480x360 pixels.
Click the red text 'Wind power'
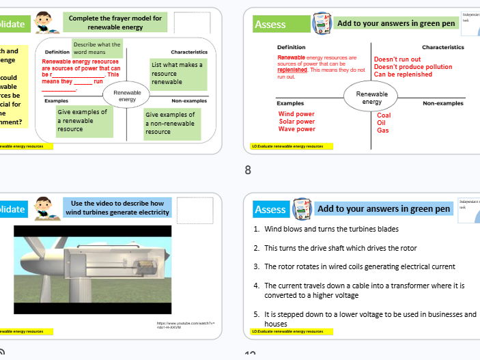[x=296, y=114]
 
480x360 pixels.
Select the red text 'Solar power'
[x=296, y=122]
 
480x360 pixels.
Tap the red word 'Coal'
[x=384, y=115]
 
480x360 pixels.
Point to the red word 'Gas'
[x=382, y=130]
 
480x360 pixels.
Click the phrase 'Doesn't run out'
[x=397, y=59]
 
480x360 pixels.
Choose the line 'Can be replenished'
[x=403, y=74]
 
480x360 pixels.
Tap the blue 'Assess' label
[x=270, y=209]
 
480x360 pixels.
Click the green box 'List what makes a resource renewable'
[x=177, y=74]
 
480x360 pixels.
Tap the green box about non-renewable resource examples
[x=173, y=124]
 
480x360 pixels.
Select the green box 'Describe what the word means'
[x=96, y=49]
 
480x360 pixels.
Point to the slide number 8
[x=249, y=170]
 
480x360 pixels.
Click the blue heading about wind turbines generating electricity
[x=117, y=208]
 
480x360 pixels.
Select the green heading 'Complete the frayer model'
[x=115, y=23]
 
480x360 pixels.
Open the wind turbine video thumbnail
[x=92, y=268]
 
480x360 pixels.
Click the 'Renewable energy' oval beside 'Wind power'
[x=371, y=98]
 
